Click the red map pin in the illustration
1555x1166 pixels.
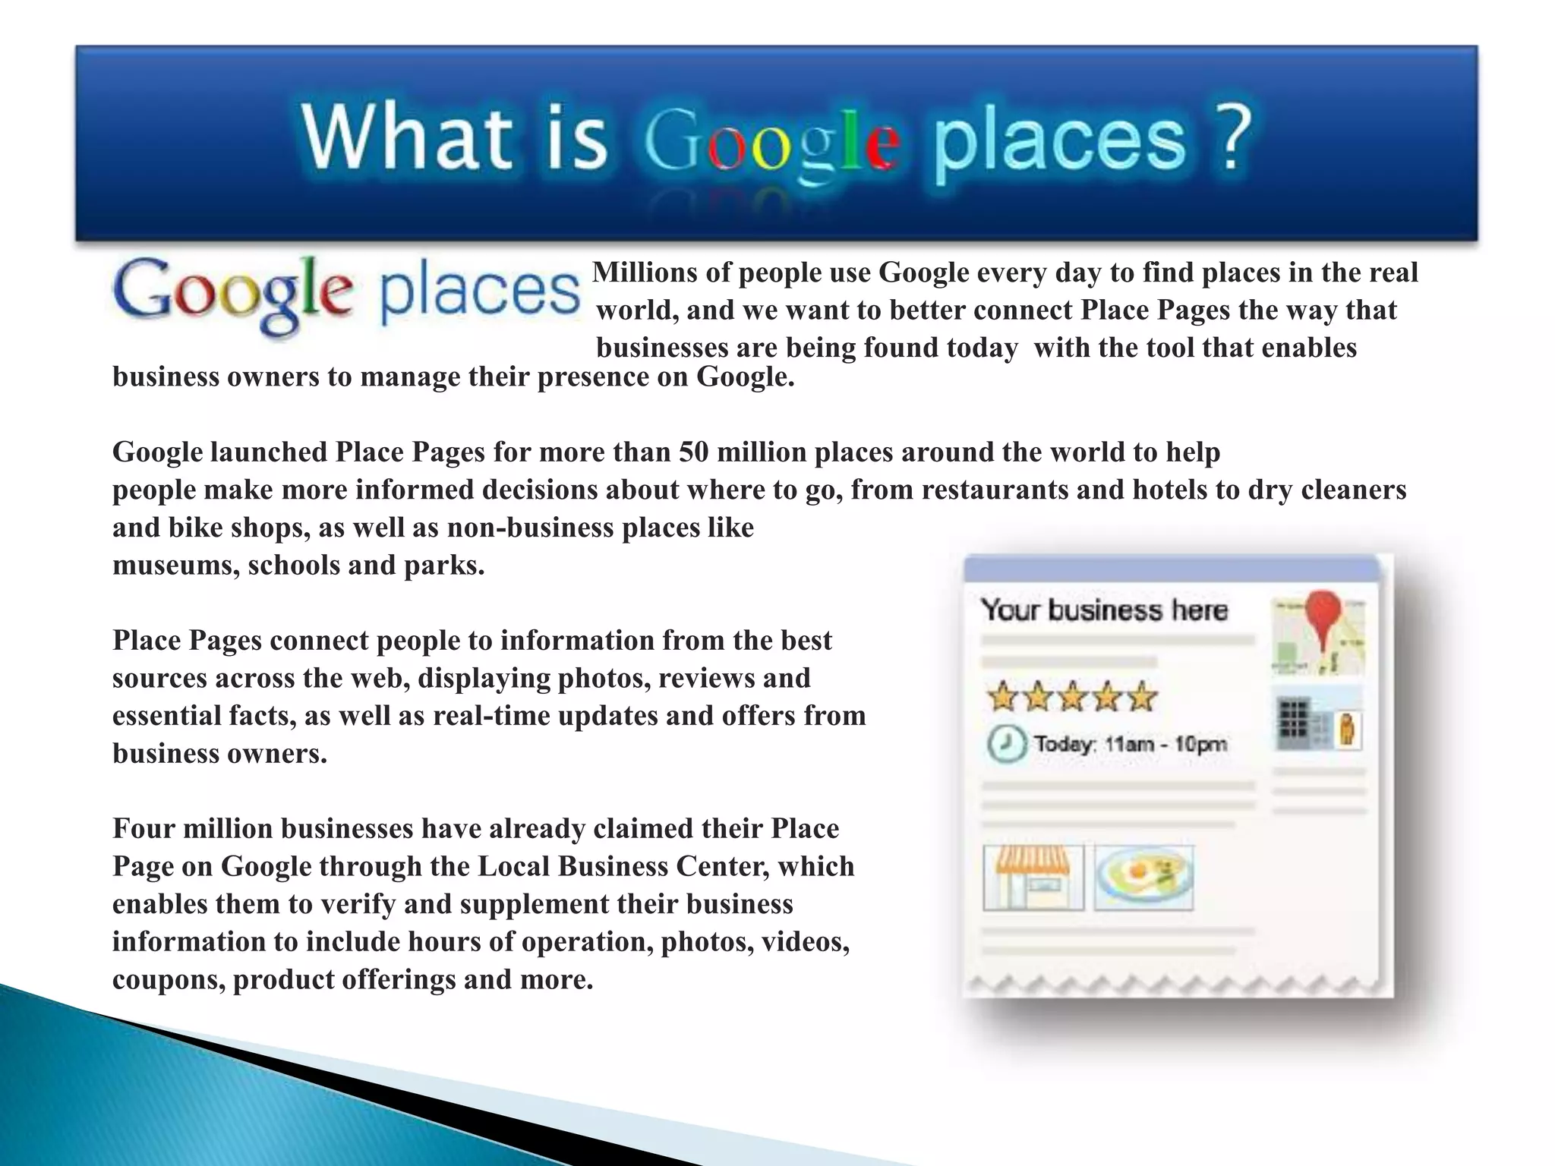[x=1323, y=618]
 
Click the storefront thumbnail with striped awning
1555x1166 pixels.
[x=1033, y=878]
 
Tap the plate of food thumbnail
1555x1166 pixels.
[x=1143, y=878]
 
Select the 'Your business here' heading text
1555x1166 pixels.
[x=1103, y=610]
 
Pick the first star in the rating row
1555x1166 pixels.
[x=1001, y=697]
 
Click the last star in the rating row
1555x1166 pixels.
[x=1141, y=697]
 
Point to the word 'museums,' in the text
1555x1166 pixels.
[x=176, y=566]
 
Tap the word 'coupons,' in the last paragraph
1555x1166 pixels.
[x=169, y=980]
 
